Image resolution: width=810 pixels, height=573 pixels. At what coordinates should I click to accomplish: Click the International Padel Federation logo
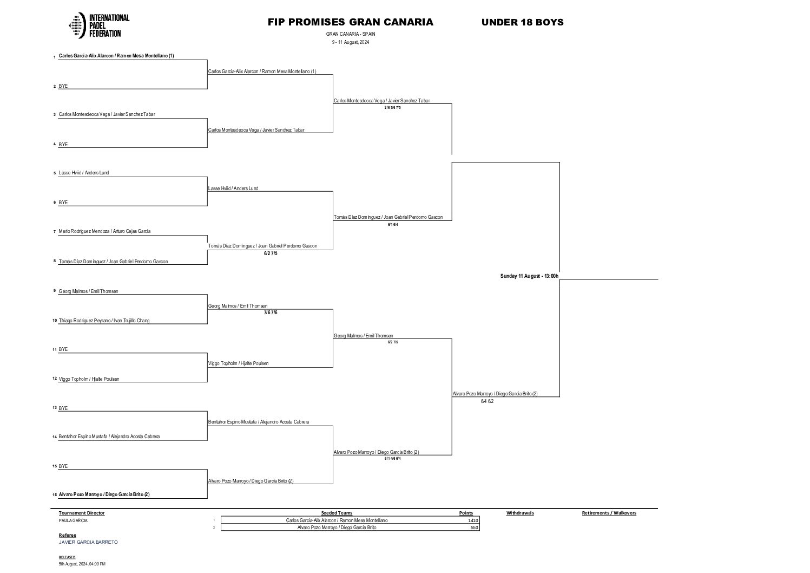100,25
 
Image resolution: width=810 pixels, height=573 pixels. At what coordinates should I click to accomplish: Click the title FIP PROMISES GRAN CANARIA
350,22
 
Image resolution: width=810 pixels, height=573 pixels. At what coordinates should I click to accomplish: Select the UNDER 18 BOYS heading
522,22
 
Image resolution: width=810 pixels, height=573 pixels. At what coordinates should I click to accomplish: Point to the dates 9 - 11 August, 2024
350,42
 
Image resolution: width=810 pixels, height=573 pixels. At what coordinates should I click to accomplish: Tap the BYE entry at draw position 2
63,86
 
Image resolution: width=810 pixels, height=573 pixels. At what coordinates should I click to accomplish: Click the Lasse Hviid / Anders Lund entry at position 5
84,173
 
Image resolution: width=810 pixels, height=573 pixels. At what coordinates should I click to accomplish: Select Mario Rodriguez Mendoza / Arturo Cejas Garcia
104,231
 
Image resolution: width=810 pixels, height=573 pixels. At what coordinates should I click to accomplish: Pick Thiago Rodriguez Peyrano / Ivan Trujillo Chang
104,321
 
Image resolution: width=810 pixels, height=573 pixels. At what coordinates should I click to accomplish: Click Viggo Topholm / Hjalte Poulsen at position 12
89,379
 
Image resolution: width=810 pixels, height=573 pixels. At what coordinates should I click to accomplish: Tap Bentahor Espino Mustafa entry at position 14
109,437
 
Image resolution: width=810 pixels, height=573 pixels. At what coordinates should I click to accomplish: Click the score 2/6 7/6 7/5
392,108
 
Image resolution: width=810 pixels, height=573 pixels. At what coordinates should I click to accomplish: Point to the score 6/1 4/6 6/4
392,459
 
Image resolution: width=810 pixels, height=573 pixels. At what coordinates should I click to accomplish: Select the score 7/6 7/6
271,312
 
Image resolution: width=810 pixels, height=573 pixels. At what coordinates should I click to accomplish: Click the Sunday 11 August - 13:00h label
529,276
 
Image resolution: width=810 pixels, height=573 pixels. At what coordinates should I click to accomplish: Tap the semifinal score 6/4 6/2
487,401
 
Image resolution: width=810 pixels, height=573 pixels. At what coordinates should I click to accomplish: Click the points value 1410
473,520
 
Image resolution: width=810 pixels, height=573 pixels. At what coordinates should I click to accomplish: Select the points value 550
475,528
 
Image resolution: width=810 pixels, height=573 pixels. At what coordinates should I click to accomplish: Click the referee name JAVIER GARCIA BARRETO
88,542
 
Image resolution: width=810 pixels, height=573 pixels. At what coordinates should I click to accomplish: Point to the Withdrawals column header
520,513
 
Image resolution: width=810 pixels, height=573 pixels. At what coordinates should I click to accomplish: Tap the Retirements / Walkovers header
609,513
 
